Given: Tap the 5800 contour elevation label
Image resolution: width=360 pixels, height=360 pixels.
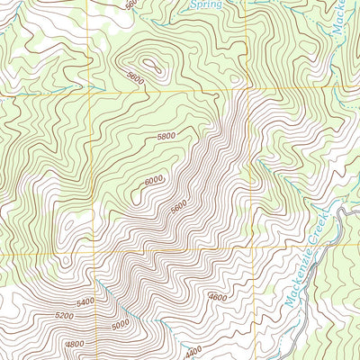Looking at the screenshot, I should pyautogui.click(x=166, y=136).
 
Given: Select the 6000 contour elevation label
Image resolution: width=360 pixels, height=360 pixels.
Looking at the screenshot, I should pyautogui.click(x=154, y=180).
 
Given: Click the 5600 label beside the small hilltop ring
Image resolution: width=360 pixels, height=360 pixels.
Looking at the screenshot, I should pyautogui.click(x=136, y=78).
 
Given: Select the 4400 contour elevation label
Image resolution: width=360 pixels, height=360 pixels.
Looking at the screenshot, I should pyautogui.click(x=192, y=351).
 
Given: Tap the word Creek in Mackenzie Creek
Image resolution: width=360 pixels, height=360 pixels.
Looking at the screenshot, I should pyautogui.click(x=321, y=225).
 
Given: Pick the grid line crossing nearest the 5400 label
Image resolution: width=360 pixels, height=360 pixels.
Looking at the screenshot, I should pyautogui.click(x=94, y=254).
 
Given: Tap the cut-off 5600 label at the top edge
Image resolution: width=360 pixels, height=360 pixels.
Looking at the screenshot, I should pyautogui.click(x=132, y=4).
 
